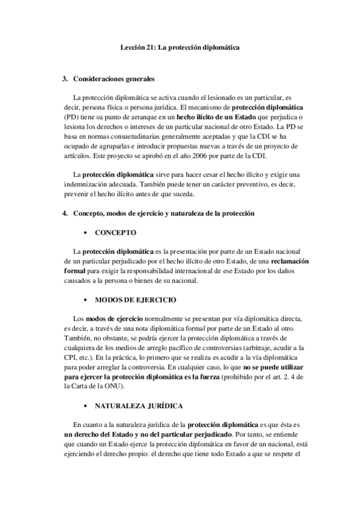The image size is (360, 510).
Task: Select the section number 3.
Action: pos(65,79)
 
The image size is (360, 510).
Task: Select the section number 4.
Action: pos(65,213)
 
